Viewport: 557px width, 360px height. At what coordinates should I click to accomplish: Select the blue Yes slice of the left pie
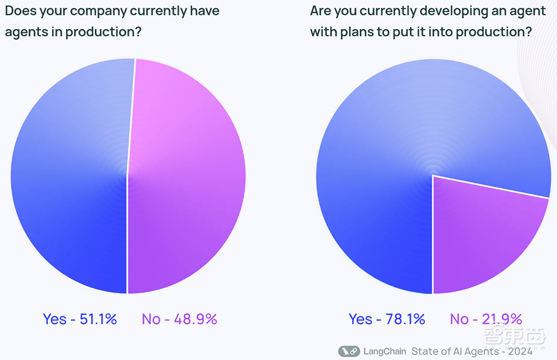70,176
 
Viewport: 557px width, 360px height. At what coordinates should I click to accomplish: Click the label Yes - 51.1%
80,319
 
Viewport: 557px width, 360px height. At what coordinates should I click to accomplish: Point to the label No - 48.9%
179,319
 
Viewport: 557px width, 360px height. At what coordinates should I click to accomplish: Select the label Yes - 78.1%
387,319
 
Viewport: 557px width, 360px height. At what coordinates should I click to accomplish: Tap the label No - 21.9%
486,319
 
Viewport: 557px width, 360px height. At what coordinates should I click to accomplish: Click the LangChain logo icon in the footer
349,351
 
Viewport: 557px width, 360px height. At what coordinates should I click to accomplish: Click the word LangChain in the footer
385,351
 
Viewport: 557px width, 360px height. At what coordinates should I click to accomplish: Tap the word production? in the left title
104,32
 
